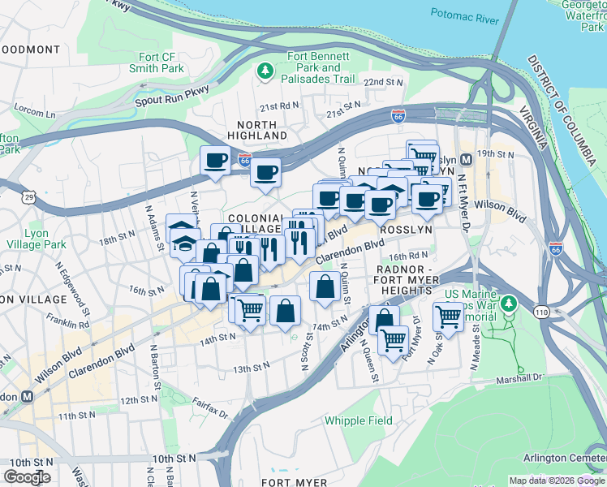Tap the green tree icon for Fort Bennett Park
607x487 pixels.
click(265, 71)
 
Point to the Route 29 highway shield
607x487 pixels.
click(28, 197)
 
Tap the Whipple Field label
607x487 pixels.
click(358, 420)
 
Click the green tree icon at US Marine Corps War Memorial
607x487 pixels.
click(509, 304)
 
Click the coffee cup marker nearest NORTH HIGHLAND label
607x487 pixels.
click(265, 171)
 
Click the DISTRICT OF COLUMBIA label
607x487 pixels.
click(559, 105)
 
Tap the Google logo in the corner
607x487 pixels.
click(27, 477)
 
